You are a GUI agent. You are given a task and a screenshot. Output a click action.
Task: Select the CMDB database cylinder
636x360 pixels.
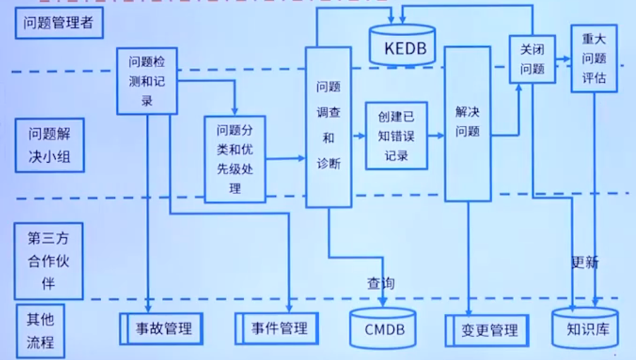pyautogui.click(x=384, y=329)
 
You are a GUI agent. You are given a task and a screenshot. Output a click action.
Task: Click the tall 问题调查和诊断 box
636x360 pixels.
pyautogui.click(x=328, y=127)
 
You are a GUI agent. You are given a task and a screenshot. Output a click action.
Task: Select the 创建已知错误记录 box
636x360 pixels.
pyautogui.click(x=396, y=136)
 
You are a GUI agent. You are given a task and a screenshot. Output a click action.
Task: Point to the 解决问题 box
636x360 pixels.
pyautogui.click(x=468, y=123)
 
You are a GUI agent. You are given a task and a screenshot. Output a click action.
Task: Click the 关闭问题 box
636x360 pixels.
pyautogui.click(x=532, y=59)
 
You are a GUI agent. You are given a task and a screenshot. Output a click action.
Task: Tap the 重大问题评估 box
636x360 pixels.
pyautogui.click(x=594, y=58)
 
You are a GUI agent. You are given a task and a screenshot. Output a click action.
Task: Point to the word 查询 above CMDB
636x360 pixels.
pyautogui.click(x=381, y=283)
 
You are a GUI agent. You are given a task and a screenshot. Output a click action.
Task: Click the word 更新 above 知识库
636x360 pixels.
pyautogui.click(x=585, y=262)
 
